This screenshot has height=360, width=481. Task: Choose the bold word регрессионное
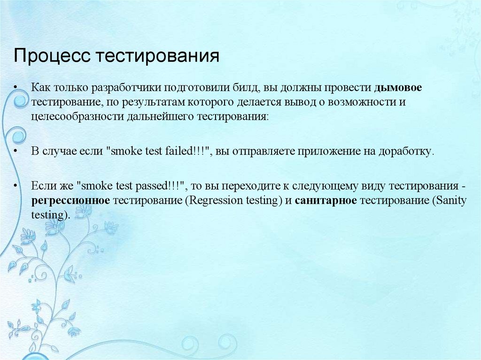point(70,201)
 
